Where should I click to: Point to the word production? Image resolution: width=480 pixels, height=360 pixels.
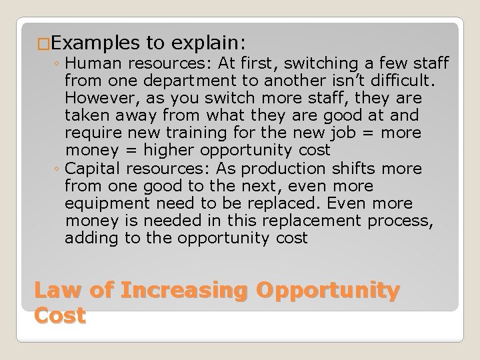point(260,168)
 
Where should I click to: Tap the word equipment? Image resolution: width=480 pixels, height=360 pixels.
point(106,203)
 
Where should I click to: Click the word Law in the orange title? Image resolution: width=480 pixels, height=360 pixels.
point(54,291)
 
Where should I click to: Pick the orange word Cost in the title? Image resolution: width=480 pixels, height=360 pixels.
point(60,315)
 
